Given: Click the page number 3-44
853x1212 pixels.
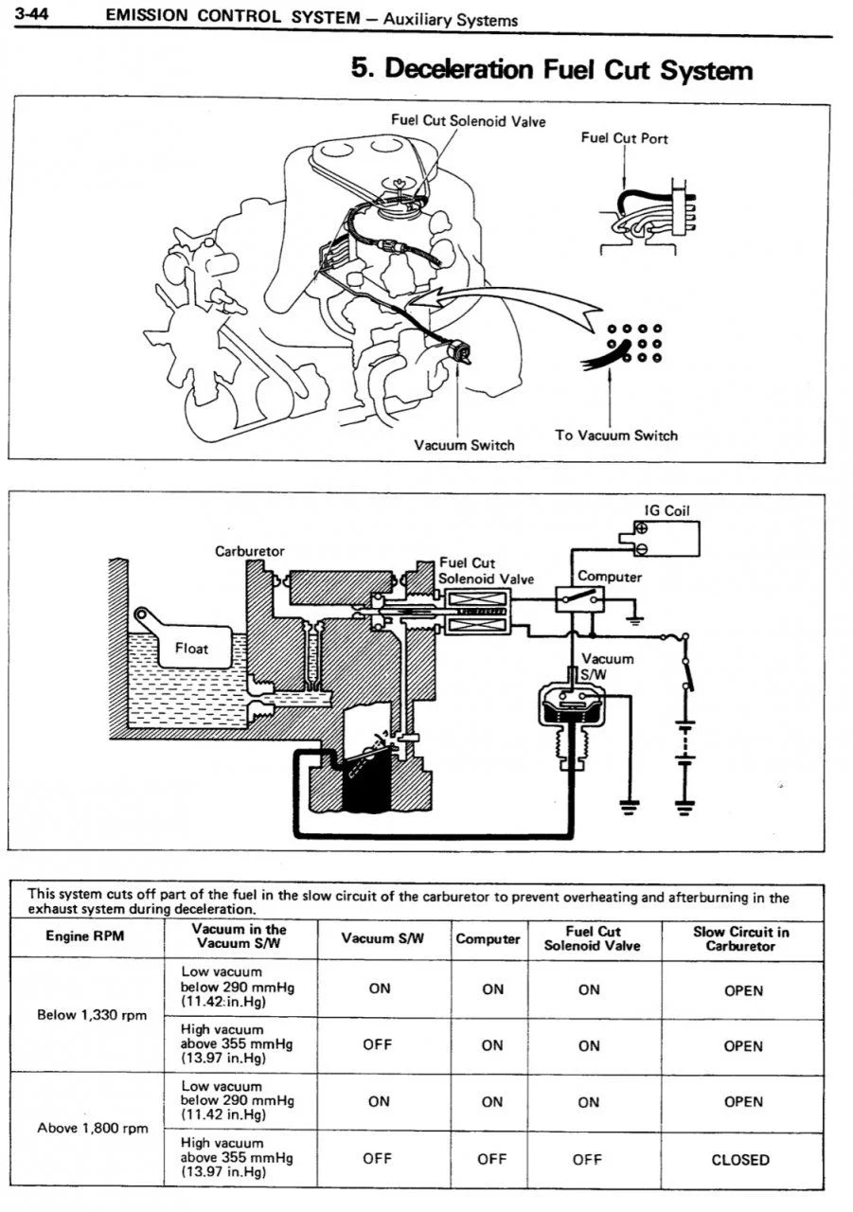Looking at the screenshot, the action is [32, 13].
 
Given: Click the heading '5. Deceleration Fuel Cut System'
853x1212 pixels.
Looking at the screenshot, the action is [552, 70].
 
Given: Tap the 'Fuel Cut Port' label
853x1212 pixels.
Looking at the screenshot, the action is [624, 138].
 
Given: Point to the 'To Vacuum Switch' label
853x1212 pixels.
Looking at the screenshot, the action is [616, 436].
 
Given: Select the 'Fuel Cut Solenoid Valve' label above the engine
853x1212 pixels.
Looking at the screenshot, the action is [469, 120].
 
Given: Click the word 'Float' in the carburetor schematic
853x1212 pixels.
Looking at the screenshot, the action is [191, 649].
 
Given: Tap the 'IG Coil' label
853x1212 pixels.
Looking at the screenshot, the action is [666, 510].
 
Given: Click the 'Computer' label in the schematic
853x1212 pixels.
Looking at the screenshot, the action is [610, 577].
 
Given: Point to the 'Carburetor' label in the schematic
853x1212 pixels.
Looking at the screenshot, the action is [249, 551].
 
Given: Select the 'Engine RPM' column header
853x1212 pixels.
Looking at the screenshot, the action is [85, 936].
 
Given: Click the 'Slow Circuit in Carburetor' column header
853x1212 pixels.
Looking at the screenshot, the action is [741, 938].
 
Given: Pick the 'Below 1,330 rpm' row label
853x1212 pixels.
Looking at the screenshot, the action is [92, 1015].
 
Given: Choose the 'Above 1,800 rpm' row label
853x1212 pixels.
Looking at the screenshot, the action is [93, 1128].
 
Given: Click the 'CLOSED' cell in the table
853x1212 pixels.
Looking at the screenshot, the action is [740, 1160].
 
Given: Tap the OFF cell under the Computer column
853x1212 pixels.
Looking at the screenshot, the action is [491, 1160].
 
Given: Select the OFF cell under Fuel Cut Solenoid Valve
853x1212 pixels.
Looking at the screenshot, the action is [587, 1160].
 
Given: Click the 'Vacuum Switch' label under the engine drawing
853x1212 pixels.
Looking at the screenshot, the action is [464, 445].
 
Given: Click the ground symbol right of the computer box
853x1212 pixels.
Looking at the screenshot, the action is [635, 620].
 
